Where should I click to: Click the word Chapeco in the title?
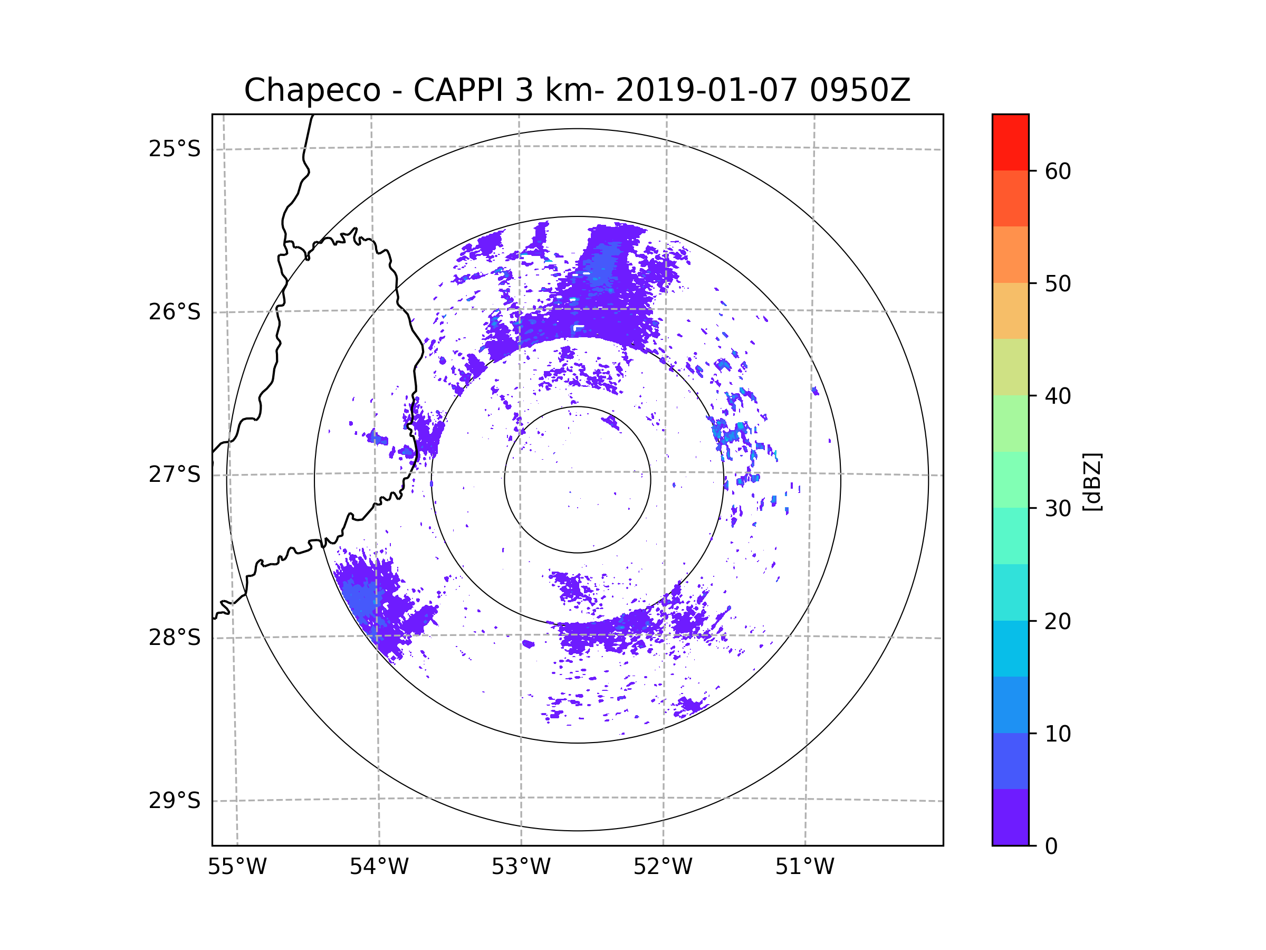coord(312,90)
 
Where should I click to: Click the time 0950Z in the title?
coord(859,90)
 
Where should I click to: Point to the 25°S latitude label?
coord(175,149)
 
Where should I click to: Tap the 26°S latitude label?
coord(175,312)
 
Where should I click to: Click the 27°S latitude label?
coord(175,474)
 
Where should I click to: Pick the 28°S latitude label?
coord(175,638)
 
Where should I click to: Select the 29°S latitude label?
coord(175,801)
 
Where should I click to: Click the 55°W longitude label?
coord(237,867)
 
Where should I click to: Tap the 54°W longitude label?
coord(379,867)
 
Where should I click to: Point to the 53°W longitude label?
coord(521,867)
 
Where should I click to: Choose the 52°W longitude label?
coord(663,867)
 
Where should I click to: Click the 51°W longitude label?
coord(804,867)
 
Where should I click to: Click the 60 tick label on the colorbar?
coord(1058,171)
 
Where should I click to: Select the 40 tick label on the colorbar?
coord(1058,396)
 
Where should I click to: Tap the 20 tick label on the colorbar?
coord(1058,621)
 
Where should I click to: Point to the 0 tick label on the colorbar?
coord(1051,847)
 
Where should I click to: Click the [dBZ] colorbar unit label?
coord(1092,482)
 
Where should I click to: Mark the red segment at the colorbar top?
coord(1010,142)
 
